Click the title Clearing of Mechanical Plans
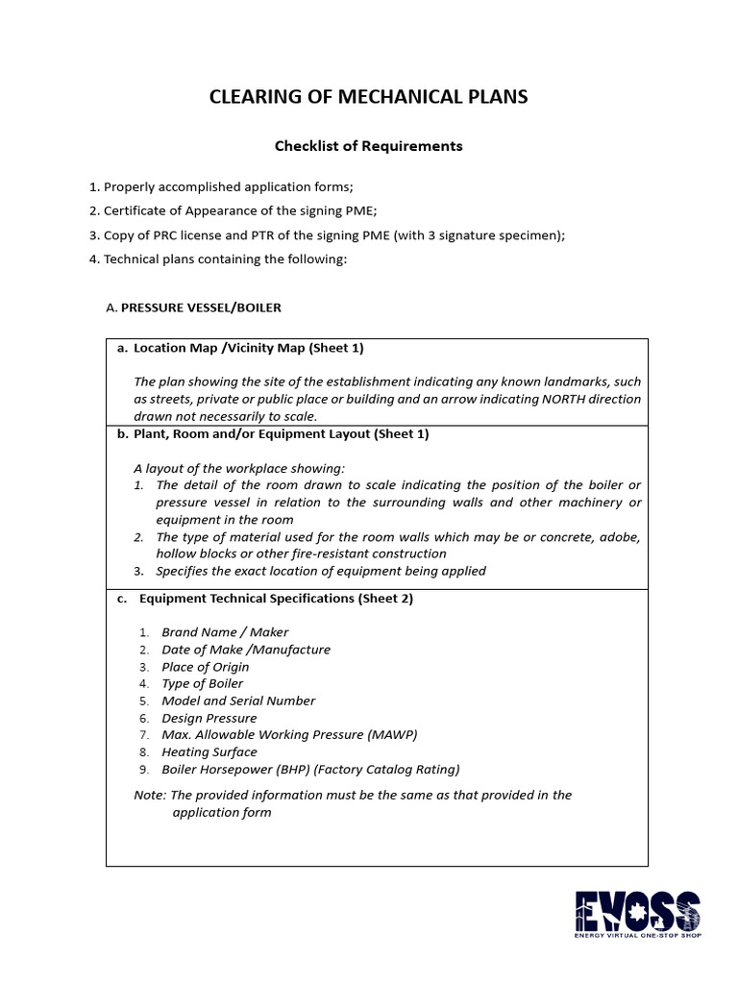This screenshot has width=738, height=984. tap(369, 97)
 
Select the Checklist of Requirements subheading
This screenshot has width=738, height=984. tap(369, 146)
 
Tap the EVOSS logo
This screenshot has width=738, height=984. tap(637, 914)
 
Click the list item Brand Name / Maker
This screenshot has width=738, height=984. tap(225, 632)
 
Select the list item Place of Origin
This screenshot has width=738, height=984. tap(205, 667)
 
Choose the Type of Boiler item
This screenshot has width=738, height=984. tap(202, 684)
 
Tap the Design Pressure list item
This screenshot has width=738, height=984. tap(209, 718)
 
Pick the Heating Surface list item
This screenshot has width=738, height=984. tap(209, 752)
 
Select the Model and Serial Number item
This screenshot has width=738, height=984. tap(237, 701)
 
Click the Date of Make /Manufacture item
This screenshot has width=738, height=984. tap(245, 650)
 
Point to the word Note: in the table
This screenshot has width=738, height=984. tap(150, 795)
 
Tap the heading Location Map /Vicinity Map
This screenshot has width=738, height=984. tap(248, 348)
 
